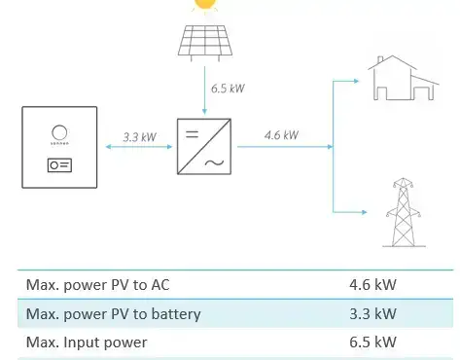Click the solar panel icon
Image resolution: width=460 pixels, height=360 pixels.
204,41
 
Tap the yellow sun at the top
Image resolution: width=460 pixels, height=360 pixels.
204,4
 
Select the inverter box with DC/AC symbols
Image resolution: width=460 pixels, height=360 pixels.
204,145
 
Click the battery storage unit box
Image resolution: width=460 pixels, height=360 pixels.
59,149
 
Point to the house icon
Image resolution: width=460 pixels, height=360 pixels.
401,78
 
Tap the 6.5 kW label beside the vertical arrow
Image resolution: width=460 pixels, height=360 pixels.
228,89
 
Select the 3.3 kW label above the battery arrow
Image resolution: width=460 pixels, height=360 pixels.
140,137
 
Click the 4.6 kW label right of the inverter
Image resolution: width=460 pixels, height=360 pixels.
281,135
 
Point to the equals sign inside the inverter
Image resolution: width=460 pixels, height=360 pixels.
191,131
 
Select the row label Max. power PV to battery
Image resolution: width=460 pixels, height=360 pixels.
113,313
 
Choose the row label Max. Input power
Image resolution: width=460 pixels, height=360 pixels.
87,342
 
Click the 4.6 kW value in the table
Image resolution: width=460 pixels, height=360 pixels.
372,286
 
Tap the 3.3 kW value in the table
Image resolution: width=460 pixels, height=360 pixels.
372,313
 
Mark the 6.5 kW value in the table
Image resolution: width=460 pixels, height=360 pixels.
372,342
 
